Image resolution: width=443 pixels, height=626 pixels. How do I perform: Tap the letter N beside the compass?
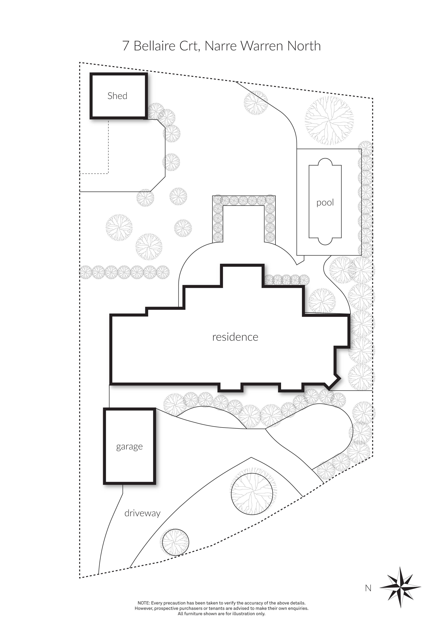(368, 588)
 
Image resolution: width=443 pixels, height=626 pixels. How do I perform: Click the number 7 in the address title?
(126, 46)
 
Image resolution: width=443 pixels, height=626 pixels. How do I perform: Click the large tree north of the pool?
(329, 120)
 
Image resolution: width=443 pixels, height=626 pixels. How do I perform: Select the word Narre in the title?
(220, 46)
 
